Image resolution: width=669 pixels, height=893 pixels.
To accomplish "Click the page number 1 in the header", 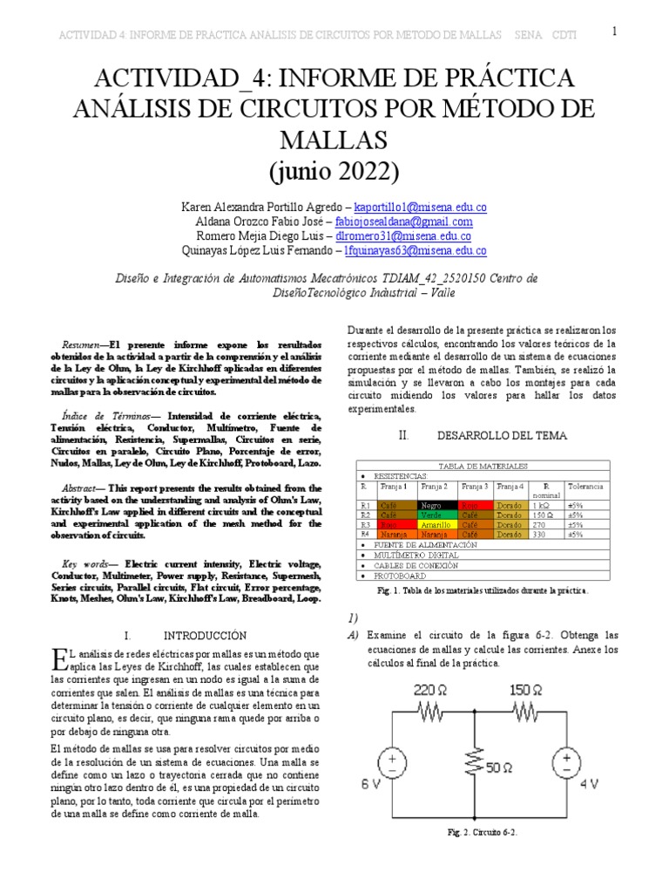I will pyautogui.click(x=614, y=32).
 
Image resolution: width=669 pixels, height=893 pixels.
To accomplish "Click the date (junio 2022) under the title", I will pyautogui.click(x=334, y=170).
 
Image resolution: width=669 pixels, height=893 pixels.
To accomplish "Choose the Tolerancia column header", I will pyautogui.click(x=585, y=486).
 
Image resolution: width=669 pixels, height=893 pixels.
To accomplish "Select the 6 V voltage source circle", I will pyautogui.click(x=391, y=765).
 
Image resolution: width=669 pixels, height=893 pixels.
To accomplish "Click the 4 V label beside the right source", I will pyautogui.click(x=590, y=783).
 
